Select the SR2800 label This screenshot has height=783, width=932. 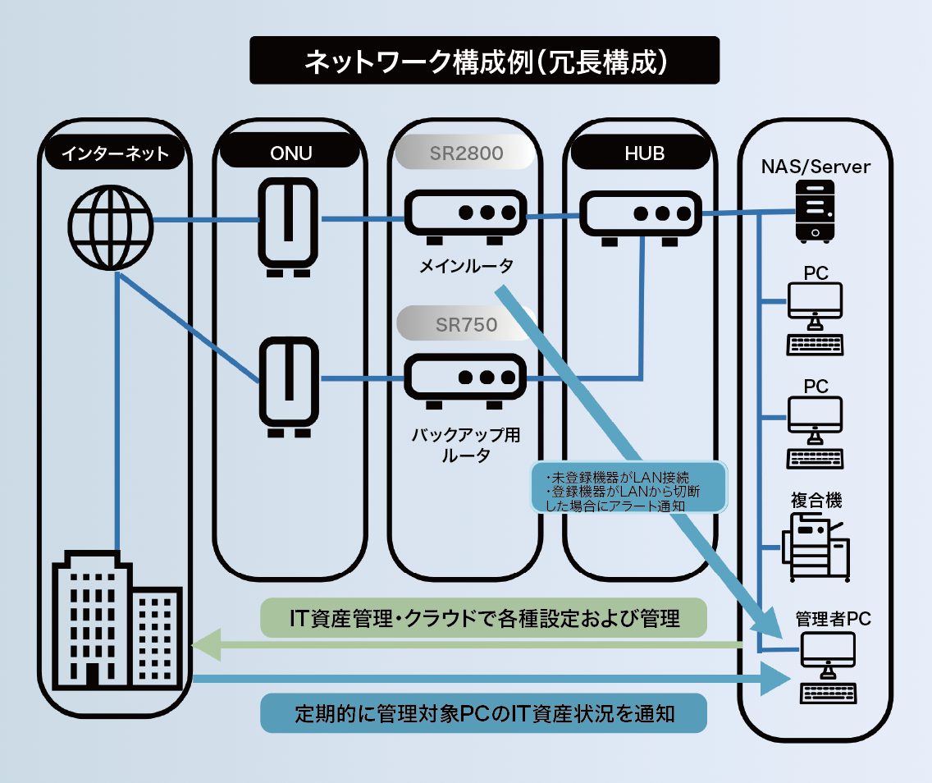466,153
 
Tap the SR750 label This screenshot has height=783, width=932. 466,324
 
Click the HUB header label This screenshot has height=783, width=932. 641,153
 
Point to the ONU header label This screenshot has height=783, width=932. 290,153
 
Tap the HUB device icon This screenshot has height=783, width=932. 641,217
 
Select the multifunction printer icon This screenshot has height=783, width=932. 815,546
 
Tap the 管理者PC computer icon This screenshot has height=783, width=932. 827,667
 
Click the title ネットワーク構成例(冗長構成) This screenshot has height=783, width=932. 484,60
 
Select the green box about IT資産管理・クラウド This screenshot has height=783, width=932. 484,618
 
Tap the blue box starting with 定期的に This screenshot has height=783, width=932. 484,713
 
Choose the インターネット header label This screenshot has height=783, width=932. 114,153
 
